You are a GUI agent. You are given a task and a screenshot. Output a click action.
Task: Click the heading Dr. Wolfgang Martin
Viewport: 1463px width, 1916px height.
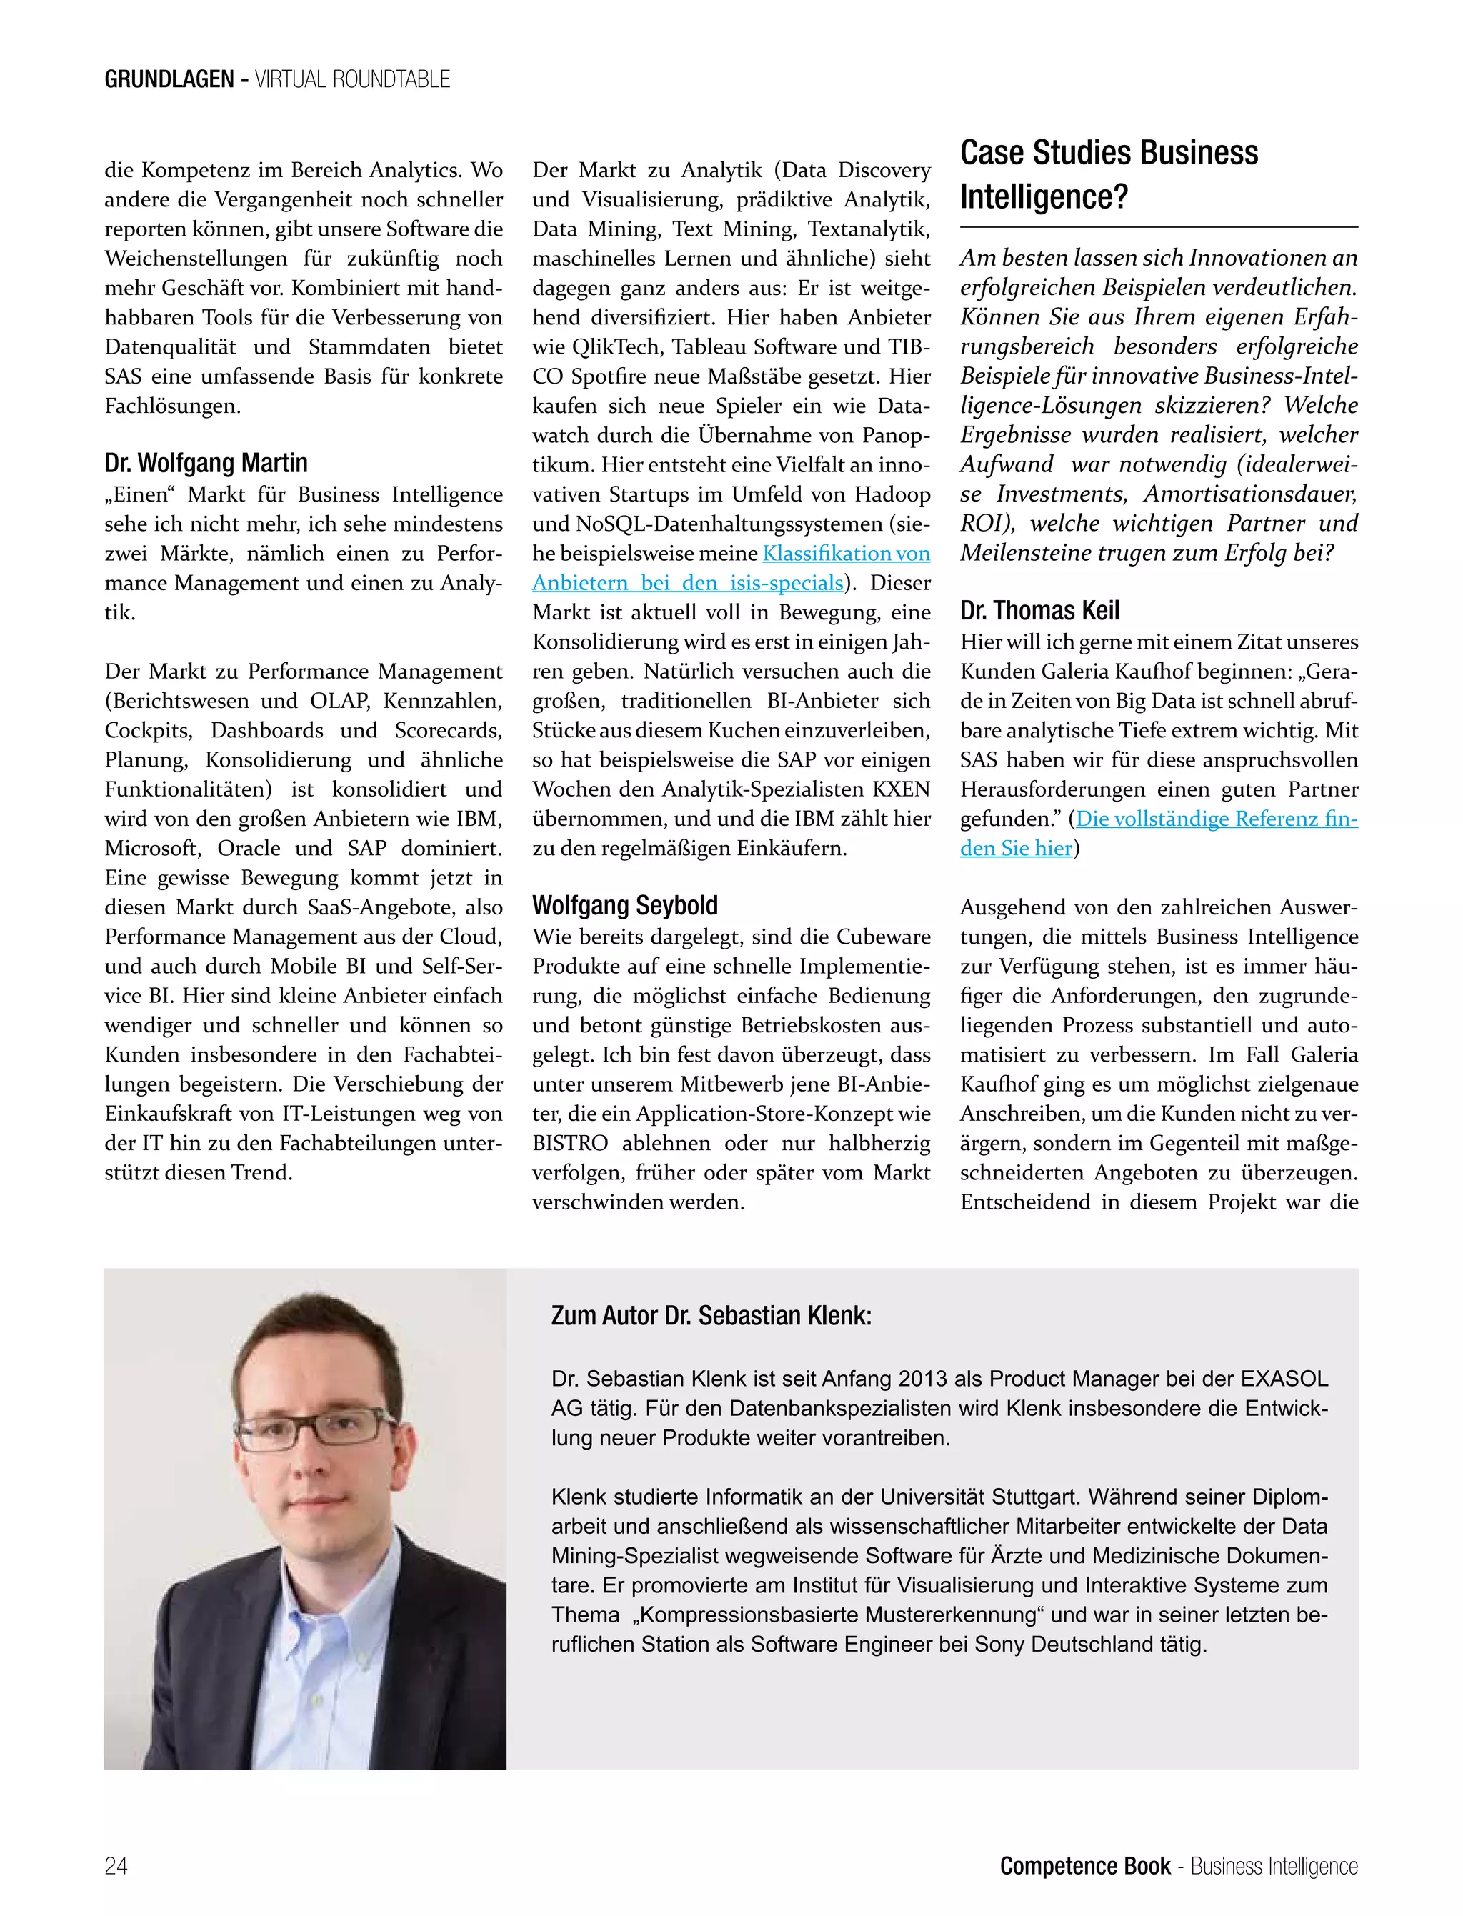pyautogui.click(x=206, y=462)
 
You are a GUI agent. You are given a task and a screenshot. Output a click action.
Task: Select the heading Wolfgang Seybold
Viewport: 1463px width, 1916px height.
pyautogui.click(x=624, y=905)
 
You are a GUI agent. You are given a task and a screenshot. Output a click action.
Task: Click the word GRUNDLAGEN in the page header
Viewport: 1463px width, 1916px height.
pyautogui.click(x=169, y=79)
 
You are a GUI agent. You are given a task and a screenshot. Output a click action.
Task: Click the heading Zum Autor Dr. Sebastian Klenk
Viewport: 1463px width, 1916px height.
pyautogui.click(x=711, y=1315)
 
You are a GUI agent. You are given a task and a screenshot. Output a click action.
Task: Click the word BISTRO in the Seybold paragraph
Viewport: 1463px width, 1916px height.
pyautogui.click(x=569, y=1144)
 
